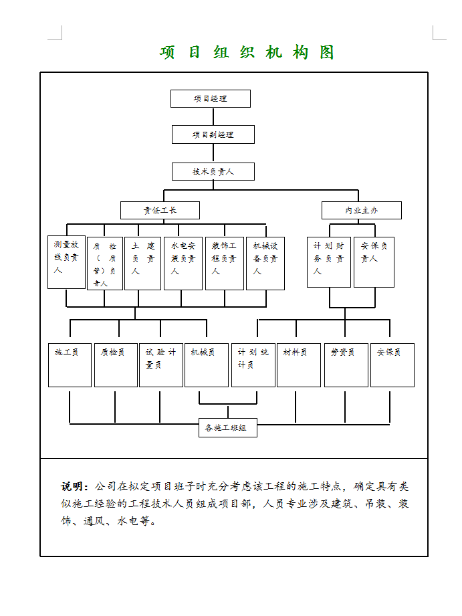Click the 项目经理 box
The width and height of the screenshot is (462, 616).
coord(210,98)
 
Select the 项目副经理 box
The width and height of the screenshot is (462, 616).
coord(213,134)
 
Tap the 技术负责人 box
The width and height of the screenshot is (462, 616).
coord(213,171)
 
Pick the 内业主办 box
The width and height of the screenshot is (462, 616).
coord(361,210)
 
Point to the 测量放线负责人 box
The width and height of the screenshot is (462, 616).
coord(66,262)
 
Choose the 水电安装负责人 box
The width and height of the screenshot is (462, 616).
coord(183,263)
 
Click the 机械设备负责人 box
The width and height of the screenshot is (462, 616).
coord(265,263)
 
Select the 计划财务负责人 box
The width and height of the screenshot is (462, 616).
coord(328,262)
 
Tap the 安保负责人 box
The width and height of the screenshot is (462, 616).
coord(373,262)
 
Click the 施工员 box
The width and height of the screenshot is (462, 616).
coord(70,365)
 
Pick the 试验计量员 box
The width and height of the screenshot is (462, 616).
coord(160,365)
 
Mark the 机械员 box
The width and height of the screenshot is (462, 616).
coord(206,365)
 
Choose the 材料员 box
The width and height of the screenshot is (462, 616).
coord(298,365)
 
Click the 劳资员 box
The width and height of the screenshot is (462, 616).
coord(346,365)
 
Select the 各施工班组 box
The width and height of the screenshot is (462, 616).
coord(227,427)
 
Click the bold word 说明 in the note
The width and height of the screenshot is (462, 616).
coord(74,486)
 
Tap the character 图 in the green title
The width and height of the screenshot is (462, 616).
coord(326,52)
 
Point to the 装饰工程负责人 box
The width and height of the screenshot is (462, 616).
coord(224,263)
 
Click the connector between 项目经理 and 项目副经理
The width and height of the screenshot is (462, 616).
coord(212,116)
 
